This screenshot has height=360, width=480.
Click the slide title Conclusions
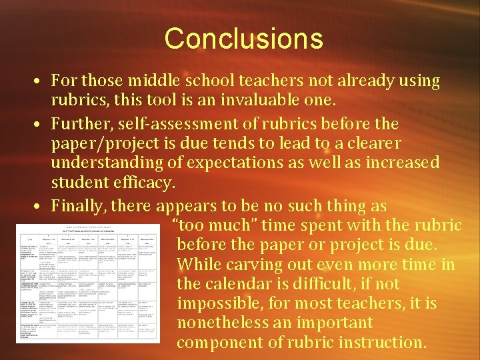(243, 38)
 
